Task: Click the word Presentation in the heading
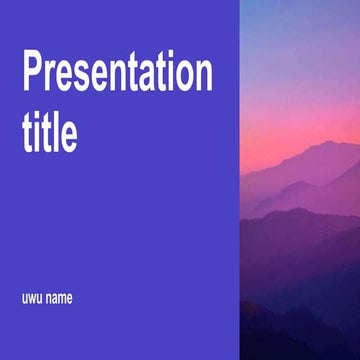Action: (x=117, y=76)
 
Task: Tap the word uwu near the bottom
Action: (x=31, y=297)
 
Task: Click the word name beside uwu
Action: (x=59, y=297)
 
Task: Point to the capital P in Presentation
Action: (x=34, y=75)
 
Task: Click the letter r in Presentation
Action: (x=52, y=80)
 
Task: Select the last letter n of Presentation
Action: (x=203, y=80)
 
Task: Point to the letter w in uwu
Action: (x=31, y=298)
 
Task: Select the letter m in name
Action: (x=61, y=298)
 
